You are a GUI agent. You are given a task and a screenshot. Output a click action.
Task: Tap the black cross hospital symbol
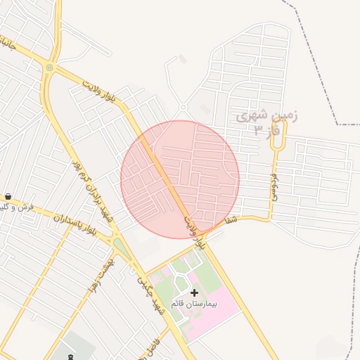194,292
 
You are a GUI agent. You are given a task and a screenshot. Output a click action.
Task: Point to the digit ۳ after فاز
258,131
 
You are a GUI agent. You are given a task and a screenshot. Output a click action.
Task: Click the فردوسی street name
273,187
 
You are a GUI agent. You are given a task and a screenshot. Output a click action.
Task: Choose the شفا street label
229,220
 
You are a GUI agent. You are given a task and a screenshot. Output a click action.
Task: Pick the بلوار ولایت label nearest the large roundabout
99,92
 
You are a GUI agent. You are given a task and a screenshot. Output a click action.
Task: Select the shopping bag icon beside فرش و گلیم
8,197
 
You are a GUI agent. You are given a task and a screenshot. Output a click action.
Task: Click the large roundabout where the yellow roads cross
49,67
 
